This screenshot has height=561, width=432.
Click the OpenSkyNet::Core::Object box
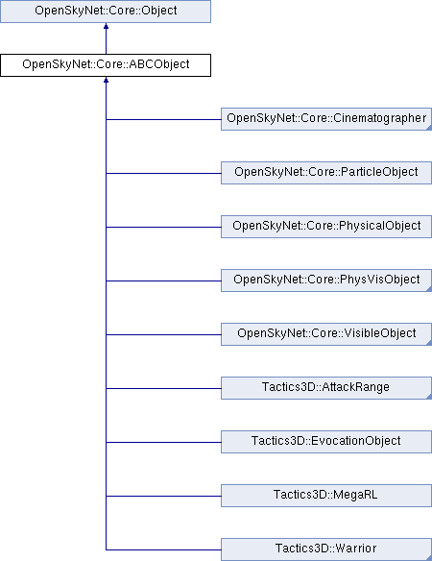pyautogui.click(x=106, y=12)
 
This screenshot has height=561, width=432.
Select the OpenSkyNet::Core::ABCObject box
pyautogui.click(x=106, y=65)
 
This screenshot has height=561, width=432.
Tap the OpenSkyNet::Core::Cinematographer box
pyautogui.click(x=326, y=119)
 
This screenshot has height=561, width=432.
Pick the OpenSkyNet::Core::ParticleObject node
pyautogui.click(x=326, y=173)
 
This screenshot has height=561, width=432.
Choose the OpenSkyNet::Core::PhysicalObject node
pyautogui.click(x=326, y=227)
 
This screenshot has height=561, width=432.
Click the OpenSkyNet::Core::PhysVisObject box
pyautogui.click(x=326, y=280)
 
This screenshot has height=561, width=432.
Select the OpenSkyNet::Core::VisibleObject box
pyautogui.click(x=326, y=334)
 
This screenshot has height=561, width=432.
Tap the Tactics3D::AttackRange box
pyautogui.click(x=326, y=388)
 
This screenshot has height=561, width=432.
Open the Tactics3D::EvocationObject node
pyautogui.click(x=326, y=442)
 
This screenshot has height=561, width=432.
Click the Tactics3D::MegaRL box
pyautogui.click(x=326, y=496)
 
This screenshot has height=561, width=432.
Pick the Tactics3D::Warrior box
pyautogui.click(x=326, y=549)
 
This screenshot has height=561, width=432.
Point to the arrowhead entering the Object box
pyautogui.click(x=106, y=26)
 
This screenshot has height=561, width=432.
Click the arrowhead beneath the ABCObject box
pyautogui.click(x=106, y=80)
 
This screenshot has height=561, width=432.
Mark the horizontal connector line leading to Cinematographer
pyautogui.click(x=163, y=119)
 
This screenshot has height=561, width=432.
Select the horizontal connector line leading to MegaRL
pyautogui.click(x=163, y=496)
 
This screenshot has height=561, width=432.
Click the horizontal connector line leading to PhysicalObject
pyautogui.click(x=163, y=227)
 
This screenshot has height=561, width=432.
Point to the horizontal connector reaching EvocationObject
pyautogui.click(x=163, y=442)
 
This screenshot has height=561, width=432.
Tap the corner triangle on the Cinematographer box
pyautogui.click(x=429, y=128)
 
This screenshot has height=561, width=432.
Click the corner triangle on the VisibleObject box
pyautogui.click(x=429, y=343)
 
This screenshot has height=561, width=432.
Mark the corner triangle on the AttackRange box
pyautogui.click(x=429, y=397)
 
